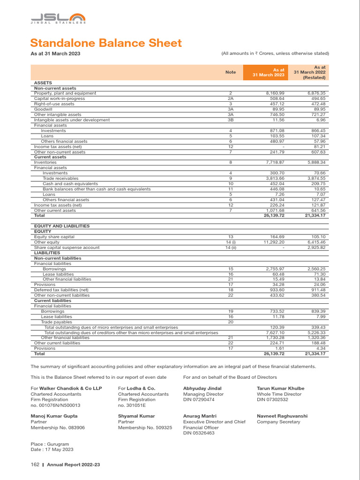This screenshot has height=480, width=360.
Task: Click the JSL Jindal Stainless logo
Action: coord(58,18)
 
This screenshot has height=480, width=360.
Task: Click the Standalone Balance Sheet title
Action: coord(106,43)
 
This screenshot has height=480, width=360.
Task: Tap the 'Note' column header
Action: coord(231,72)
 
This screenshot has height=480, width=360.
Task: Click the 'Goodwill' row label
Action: coord(44,109)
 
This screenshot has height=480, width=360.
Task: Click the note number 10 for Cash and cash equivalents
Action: coord(231,184)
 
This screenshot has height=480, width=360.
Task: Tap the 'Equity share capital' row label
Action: coord(54,237)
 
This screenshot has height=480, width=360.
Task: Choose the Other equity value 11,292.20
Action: coord(273,242)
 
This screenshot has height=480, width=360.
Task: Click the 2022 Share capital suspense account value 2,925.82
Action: coord(316,247)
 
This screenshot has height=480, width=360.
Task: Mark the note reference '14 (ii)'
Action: coord(231,247)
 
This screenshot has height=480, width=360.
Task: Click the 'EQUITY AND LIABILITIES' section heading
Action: coord(62,226)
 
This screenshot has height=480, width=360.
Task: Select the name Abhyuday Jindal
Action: coord(202,389)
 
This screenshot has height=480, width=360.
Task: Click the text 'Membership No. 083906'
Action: coord(58,427)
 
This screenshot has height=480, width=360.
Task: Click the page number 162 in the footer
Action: coord(35,465)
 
